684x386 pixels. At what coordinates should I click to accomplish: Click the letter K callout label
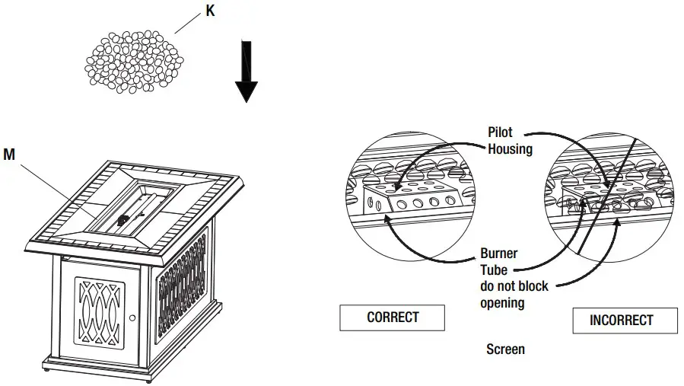211,11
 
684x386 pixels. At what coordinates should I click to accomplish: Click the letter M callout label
9,155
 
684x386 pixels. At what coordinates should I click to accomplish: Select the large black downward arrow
247,72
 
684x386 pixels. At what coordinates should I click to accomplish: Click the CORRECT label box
392,317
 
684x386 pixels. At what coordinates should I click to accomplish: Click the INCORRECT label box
624,321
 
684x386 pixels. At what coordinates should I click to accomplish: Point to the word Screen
505,349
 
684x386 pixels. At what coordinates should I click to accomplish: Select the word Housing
510,149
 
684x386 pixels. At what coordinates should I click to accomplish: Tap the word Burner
500,254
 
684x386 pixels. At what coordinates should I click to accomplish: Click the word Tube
494,270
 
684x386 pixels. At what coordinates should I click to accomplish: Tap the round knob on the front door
132,317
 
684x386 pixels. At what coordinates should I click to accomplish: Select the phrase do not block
514,286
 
